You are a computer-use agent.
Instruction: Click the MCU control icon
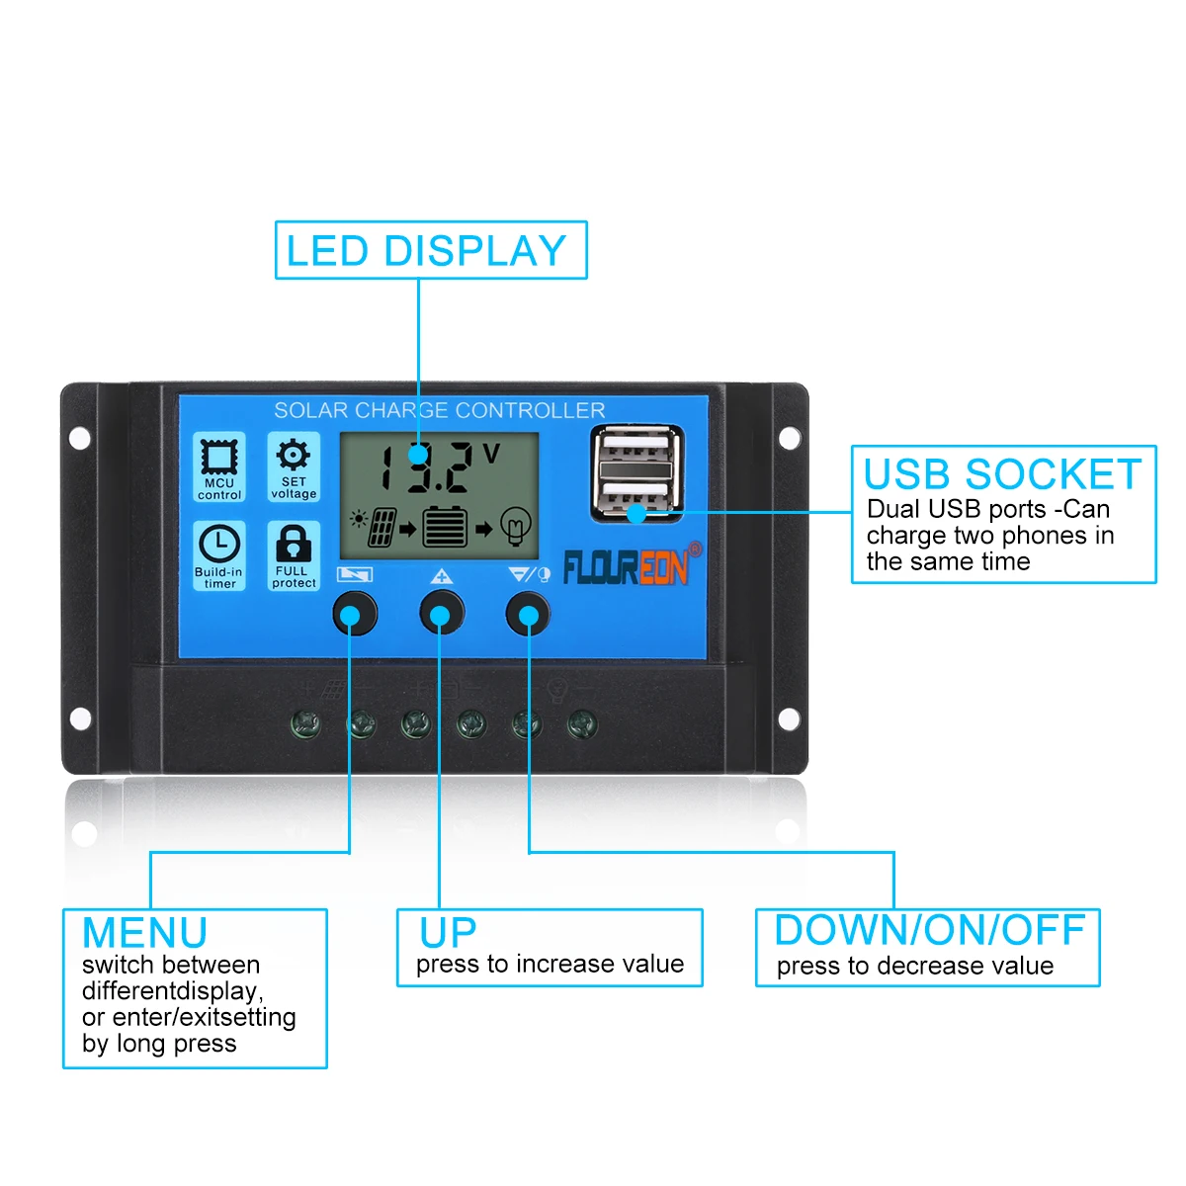tap(218, 458)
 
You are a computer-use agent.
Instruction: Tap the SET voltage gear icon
tap(293, 456)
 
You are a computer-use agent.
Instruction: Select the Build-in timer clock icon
tap(218, 545)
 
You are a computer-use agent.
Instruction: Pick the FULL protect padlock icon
tap(294, 544)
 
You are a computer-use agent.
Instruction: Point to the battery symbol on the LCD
tap(445, 527)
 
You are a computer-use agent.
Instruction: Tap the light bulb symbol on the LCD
tap(515, 526)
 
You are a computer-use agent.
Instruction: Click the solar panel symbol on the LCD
tap(381, 528)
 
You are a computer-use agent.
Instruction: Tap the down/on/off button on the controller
tap(528, 614)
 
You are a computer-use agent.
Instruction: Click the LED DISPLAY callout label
tap(426, 251)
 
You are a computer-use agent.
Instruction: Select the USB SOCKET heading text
tap(1002, 474)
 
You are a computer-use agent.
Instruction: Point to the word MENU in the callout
tap(144, 933)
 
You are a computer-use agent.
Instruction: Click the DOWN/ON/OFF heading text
tap(929, 931)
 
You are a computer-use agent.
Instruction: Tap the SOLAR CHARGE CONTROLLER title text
tap(439, 410)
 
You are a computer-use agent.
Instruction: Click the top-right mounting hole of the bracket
tap(788, 438)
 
